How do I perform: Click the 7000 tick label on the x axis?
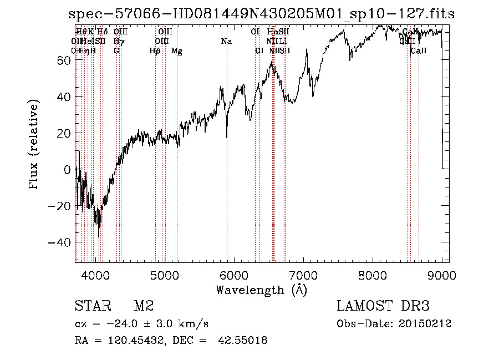click(x=303, y=275)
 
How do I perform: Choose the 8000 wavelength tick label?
click(x=373, y=275)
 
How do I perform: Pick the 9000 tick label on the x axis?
click(x=442, y=275)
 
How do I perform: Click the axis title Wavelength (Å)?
click(x=261, y=290)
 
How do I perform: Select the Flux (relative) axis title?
click(x=34, y=145)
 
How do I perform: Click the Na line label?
click(x=226, y=41)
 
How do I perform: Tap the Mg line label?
click(x=176, y=51)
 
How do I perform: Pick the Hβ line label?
click(x=155, y=51)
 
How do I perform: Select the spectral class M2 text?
click(x=144, y=306)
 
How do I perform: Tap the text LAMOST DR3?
click(x=383, y=306)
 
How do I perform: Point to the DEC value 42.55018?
click(x=243, y=341)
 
